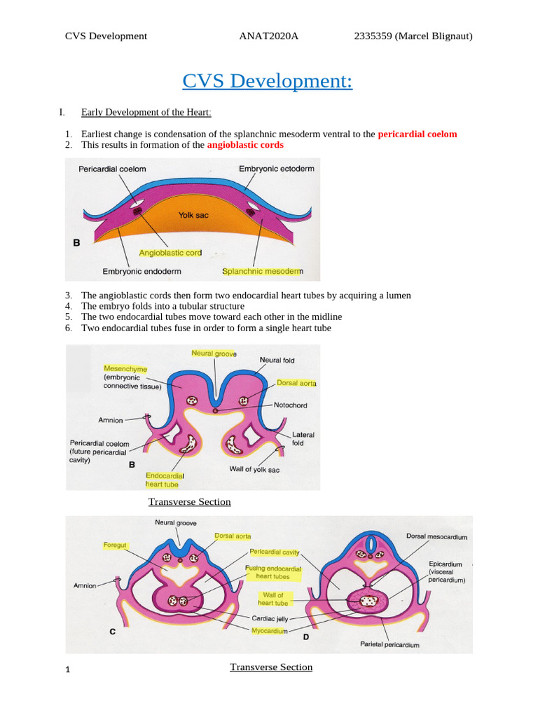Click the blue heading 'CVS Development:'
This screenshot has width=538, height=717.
tap(267, 81)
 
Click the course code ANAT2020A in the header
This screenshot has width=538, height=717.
tap(268, 36)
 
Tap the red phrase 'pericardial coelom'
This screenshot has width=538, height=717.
tap(417, 134)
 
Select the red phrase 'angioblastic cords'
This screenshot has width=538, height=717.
tap(245, 145)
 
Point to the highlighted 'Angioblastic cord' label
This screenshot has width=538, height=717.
tap(170, 253)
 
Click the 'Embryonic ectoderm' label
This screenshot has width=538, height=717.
tap(276, 169)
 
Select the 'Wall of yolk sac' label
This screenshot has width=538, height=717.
tap(254, 469)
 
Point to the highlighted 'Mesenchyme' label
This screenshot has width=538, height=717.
tap(125, 368)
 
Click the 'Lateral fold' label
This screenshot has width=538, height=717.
tap(303, 439)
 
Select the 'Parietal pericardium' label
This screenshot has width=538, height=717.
tap(389, 645)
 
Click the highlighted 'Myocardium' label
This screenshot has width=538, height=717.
tap(270, 631)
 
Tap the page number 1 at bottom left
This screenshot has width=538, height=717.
tap(67, 670)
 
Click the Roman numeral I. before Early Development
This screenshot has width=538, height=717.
tap(62, 112)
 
